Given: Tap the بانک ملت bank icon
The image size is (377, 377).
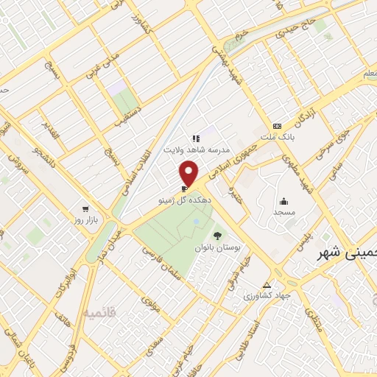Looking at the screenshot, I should tap(277, 126).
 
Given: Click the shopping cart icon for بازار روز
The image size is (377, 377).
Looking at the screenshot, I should tap(87, 209).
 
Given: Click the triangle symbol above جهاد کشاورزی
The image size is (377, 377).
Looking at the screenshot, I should tap(267, 285).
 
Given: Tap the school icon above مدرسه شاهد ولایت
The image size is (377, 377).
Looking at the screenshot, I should tap(196, 138).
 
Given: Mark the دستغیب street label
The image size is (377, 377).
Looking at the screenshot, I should tap(122, 129).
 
